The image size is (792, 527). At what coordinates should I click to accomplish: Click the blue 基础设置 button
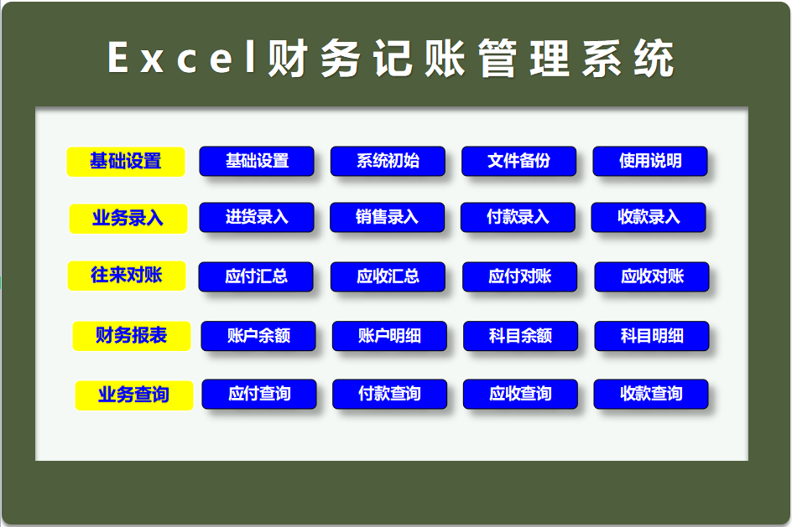point(256,161)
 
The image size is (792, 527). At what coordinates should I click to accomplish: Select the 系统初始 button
point(388,161)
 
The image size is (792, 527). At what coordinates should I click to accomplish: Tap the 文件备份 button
point(518,161)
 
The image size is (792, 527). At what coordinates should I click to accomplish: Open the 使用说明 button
point(650,161)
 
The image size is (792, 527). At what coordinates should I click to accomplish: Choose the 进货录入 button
point(256,217)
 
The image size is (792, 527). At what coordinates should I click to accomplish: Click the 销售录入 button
point(387,217)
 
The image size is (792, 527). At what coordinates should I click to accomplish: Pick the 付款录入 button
point(518,217)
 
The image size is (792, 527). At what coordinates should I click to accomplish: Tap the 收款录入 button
point(649,217)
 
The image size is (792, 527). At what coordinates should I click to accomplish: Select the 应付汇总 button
point(256,276)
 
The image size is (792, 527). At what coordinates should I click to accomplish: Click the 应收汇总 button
point(388,276)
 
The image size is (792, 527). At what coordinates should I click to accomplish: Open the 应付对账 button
point(519,276)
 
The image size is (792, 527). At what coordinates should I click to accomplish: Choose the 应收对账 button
point(652,276)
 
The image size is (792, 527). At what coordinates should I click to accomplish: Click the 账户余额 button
point(258,336)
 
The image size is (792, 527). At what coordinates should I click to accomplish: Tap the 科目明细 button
point(652,336)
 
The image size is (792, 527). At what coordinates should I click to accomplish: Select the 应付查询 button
point(259,394)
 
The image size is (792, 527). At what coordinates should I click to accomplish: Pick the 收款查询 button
point(651,394)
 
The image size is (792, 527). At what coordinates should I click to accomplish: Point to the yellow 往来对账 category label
point(127,275)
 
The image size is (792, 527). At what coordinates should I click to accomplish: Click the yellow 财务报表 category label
point(131,336)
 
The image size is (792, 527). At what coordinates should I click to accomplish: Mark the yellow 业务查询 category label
point(133,395)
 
